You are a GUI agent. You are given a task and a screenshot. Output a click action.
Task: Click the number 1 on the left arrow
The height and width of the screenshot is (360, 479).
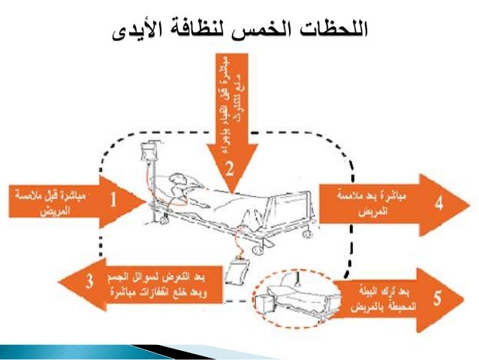pyautogui.click(x=113, y=201)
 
